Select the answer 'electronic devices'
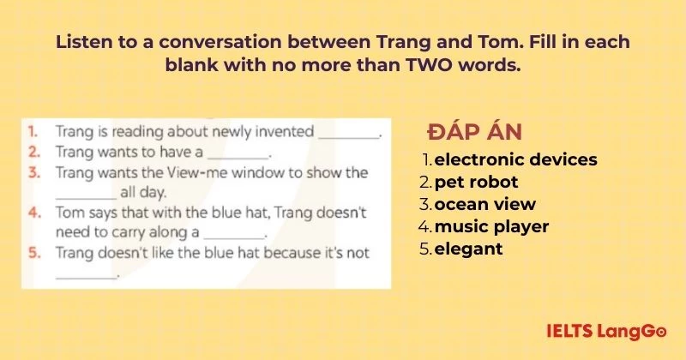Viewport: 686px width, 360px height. pos(515,159)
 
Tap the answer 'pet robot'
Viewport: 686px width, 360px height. pos(476,182)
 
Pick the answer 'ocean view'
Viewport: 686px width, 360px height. pos(484,204)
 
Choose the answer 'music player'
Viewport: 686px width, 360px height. pos(491,226)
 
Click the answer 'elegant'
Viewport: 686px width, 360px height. pos(468,249)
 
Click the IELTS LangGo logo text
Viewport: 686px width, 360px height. pos(607,329)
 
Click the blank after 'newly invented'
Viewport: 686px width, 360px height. pos(348,135)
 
